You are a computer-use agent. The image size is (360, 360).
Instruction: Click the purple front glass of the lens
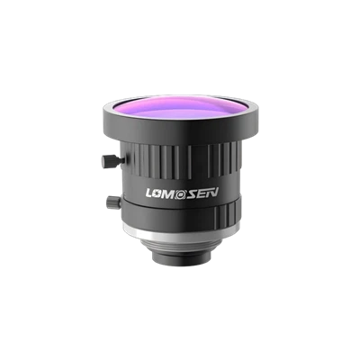180,109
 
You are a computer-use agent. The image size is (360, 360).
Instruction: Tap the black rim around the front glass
180,132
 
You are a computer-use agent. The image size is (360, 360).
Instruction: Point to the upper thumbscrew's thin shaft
118,161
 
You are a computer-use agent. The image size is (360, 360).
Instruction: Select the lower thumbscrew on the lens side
113,202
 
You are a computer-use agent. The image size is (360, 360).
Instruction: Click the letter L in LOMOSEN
150,193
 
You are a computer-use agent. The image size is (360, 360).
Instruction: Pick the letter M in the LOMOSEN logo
170,193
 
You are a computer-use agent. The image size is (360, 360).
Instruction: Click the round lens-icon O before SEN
181,193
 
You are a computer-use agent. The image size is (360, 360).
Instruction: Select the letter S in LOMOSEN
192,193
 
